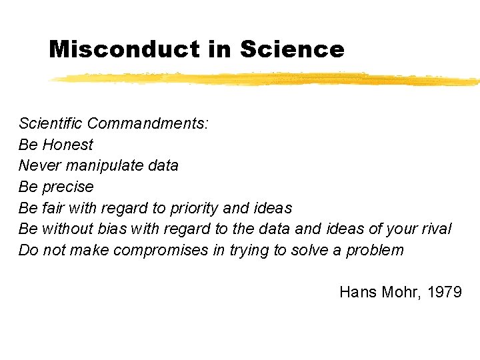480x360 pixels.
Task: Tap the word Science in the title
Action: pyautogui.click(x=292, y=49)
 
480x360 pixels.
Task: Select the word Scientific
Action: pyautogui.click(x=51, y=123)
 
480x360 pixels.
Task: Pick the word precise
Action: pyautogui.click(x=68, y=187)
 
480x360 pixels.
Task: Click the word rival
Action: pyautogui.click(x=436, y=229)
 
